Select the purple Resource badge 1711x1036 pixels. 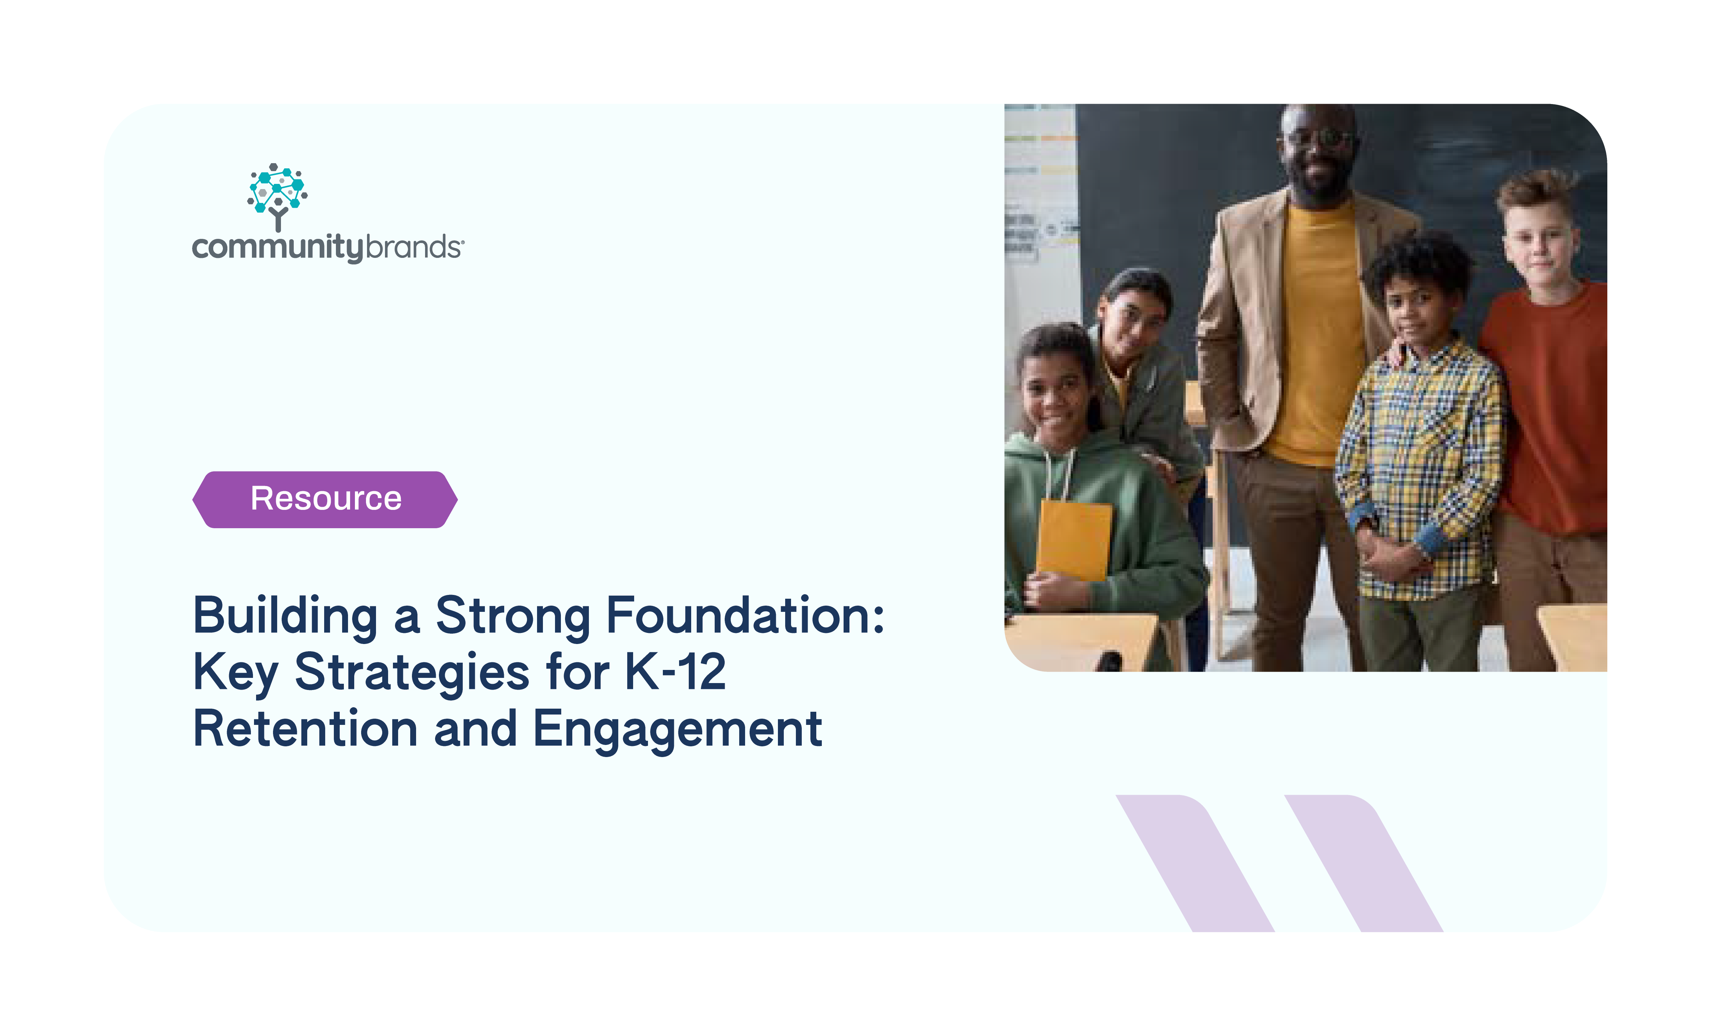(325, 499)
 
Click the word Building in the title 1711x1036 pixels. (285, 617)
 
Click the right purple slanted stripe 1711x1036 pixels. (1364, 863)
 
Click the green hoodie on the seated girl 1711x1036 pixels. (1104, 528)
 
